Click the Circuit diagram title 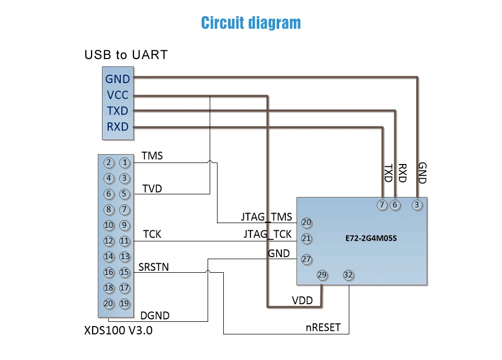click(x=251, y=23)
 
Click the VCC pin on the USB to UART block click(x=118, y=95)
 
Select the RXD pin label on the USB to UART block click(x=118, y=127)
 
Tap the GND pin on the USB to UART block click(x=118, y=79)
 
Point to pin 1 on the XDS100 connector click(x=125, y=162)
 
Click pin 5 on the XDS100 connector click(x=125, y=194)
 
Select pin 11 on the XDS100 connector click(x=125, y=241)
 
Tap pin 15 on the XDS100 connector click(x=125, y=272)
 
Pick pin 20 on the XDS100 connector click(x=109, y=304)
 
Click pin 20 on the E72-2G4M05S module click(x=306, y=223)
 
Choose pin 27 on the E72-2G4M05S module click(x=306, y=259)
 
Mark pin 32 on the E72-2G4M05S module click(x=348, y=275)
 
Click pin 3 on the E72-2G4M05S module click(x=417, y=205)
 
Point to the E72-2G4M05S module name click(x=371, y=238)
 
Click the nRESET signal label click(x=323, y=328)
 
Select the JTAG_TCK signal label click(x=268, y=234)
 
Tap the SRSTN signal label click(x=154, y=267)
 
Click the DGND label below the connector click(x=155, y=316)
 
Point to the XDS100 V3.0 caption click(x=119, y=330)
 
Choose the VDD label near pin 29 click(x=302, y=300)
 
